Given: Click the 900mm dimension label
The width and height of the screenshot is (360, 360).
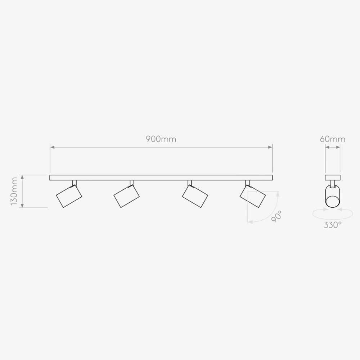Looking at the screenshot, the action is pyautogui.click(x=161, y=139).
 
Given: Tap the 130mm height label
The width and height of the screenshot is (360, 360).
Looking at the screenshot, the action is pyautogui.click(x=14, y=191).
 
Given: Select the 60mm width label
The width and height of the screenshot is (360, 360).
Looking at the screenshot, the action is pyautogui.click(x=332, y=139).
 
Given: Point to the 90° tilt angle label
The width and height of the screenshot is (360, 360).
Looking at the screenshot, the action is pyautogui.click(x=276, y=216).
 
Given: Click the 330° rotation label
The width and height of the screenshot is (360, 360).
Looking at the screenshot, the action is pyautogui.click(x=332, y=225).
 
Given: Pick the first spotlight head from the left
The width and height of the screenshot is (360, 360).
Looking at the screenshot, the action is pyautogui.click(x=69, y=196).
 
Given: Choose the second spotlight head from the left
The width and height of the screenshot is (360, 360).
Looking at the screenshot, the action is pyautogui.click(x=126, y=196).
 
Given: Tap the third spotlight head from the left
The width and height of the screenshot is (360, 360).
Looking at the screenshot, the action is pyautogui.click(x=195, y=196).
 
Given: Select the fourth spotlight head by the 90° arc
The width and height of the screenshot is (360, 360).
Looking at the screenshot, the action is pyautogui.click(x=253, y=196).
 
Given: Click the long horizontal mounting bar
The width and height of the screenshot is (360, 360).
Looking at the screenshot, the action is pyautogui.click(x=161, y=177).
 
